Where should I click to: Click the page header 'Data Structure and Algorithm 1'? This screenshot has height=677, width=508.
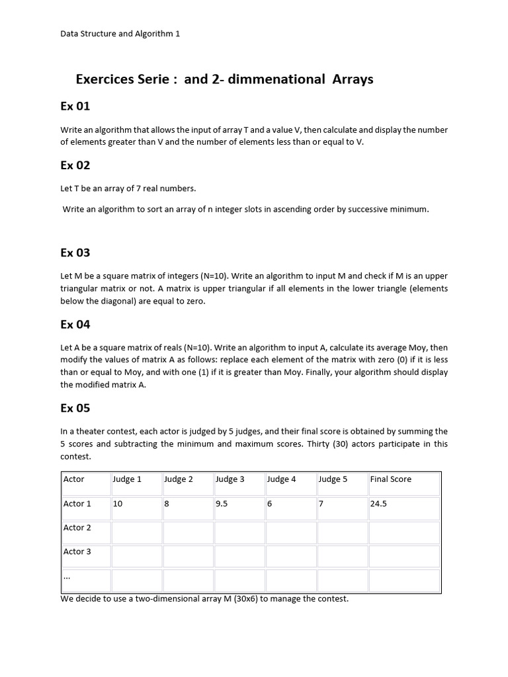tap(120, 34)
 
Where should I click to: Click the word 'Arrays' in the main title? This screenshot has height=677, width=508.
tap(352, 79)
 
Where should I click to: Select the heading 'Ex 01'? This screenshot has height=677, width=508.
tap(75, 106)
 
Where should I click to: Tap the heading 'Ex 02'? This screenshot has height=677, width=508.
tap(75, 165)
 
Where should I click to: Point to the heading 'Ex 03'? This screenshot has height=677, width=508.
tap(75, 253)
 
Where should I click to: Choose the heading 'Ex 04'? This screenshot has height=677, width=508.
tap(75, 325)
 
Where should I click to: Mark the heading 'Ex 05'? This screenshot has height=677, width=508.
tap(75, 408)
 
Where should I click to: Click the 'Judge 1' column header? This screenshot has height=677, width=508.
tap(128, 479)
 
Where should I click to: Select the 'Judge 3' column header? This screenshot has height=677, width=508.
tap(230, 479)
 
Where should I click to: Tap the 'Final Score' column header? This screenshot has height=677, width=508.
tap(391, 479)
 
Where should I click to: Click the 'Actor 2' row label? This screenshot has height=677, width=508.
tap(77, 528)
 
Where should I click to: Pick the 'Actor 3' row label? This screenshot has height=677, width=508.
tap(77, 551)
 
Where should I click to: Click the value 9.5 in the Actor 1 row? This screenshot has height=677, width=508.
tap(222, 504)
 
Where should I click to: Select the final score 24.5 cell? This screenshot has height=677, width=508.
tap(379, 504)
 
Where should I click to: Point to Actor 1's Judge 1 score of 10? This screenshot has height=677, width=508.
tap(118, 504)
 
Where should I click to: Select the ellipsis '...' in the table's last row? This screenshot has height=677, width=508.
tap(67, 577)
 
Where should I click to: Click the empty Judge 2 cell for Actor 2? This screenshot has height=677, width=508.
tap(188, 532)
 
